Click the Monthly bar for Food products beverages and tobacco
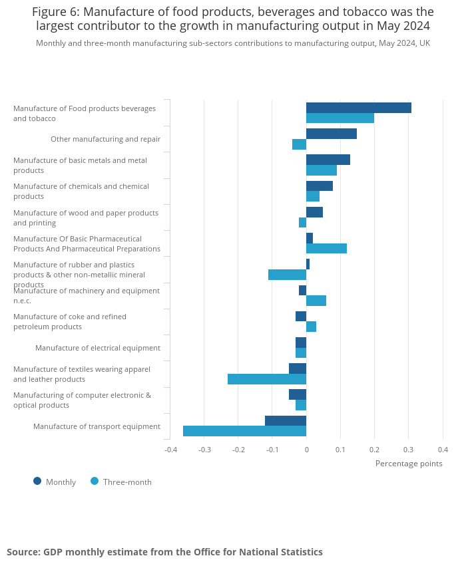pos(359,108)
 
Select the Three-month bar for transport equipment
pos(244,431)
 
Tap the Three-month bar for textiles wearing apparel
pos(267,379)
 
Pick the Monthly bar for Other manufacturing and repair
pos(332,134)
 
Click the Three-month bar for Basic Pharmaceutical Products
pos(326,249)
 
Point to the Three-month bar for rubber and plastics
pos(287,275)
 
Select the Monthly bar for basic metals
pos(328,160)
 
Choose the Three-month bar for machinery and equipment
pos(316,301)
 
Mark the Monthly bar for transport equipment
pos(286,420)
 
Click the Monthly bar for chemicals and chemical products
pos(320,186)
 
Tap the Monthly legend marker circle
pos(37,482)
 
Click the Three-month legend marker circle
pos(95,482)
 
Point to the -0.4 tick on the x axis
pos(171,449)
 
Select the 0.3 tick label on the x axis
pos(409,449)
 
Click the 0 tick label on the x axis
pos(306,449)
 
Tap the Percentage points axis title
pos(409,464)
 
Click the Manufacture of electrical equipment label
pos(98,348)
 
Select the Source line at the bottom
pos(164,552)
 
